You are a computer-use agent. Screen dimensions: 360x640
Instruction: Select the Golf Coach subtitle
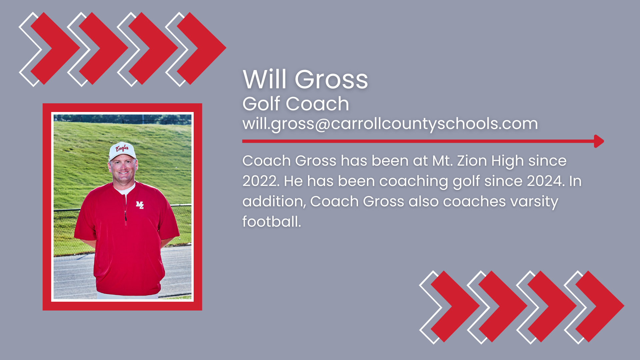click(295, 104)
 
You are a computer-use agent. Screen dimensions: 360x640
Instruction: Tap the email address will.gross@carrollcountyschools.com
click(390, 124)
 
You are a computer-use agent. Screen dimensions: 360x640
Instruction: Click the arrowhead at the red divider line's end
click(599, 141)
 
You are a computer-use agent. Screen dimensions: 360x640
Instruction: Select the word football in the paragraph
click(271, 222)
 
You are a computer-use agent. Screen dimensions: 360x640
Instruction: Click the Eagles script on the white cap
click(122, 148)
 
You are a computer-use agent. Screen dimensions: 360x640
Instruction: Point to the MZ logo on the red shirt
click(140, 205)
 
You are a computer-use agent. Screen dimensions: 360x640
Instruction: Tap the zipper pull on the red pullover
click(126, 217)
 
